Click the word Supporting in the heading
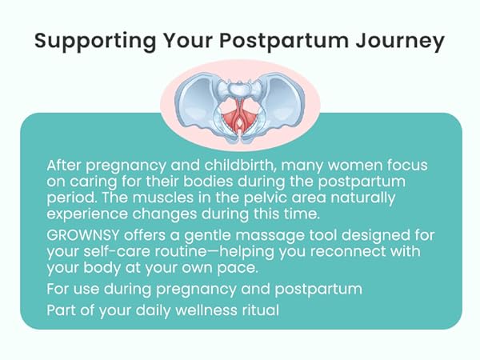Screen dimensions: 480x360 click(95, 41)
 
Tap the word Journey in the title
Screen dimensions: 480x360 click(400, 41)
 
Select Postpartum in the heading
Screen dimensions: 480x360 click(284, 41)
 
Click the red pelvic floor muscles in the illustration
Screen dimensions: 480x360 click(240, 115)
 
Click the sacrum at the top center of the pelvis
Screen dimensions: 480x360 click(240, 88)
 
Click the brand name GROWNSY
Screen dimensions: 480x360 click(83, 235)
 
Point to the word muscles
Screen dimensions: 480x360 click(163, 198)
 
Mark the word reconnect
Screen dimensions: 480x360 click(348, 252)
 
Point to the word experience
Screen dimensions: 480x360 click(87, 214)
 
